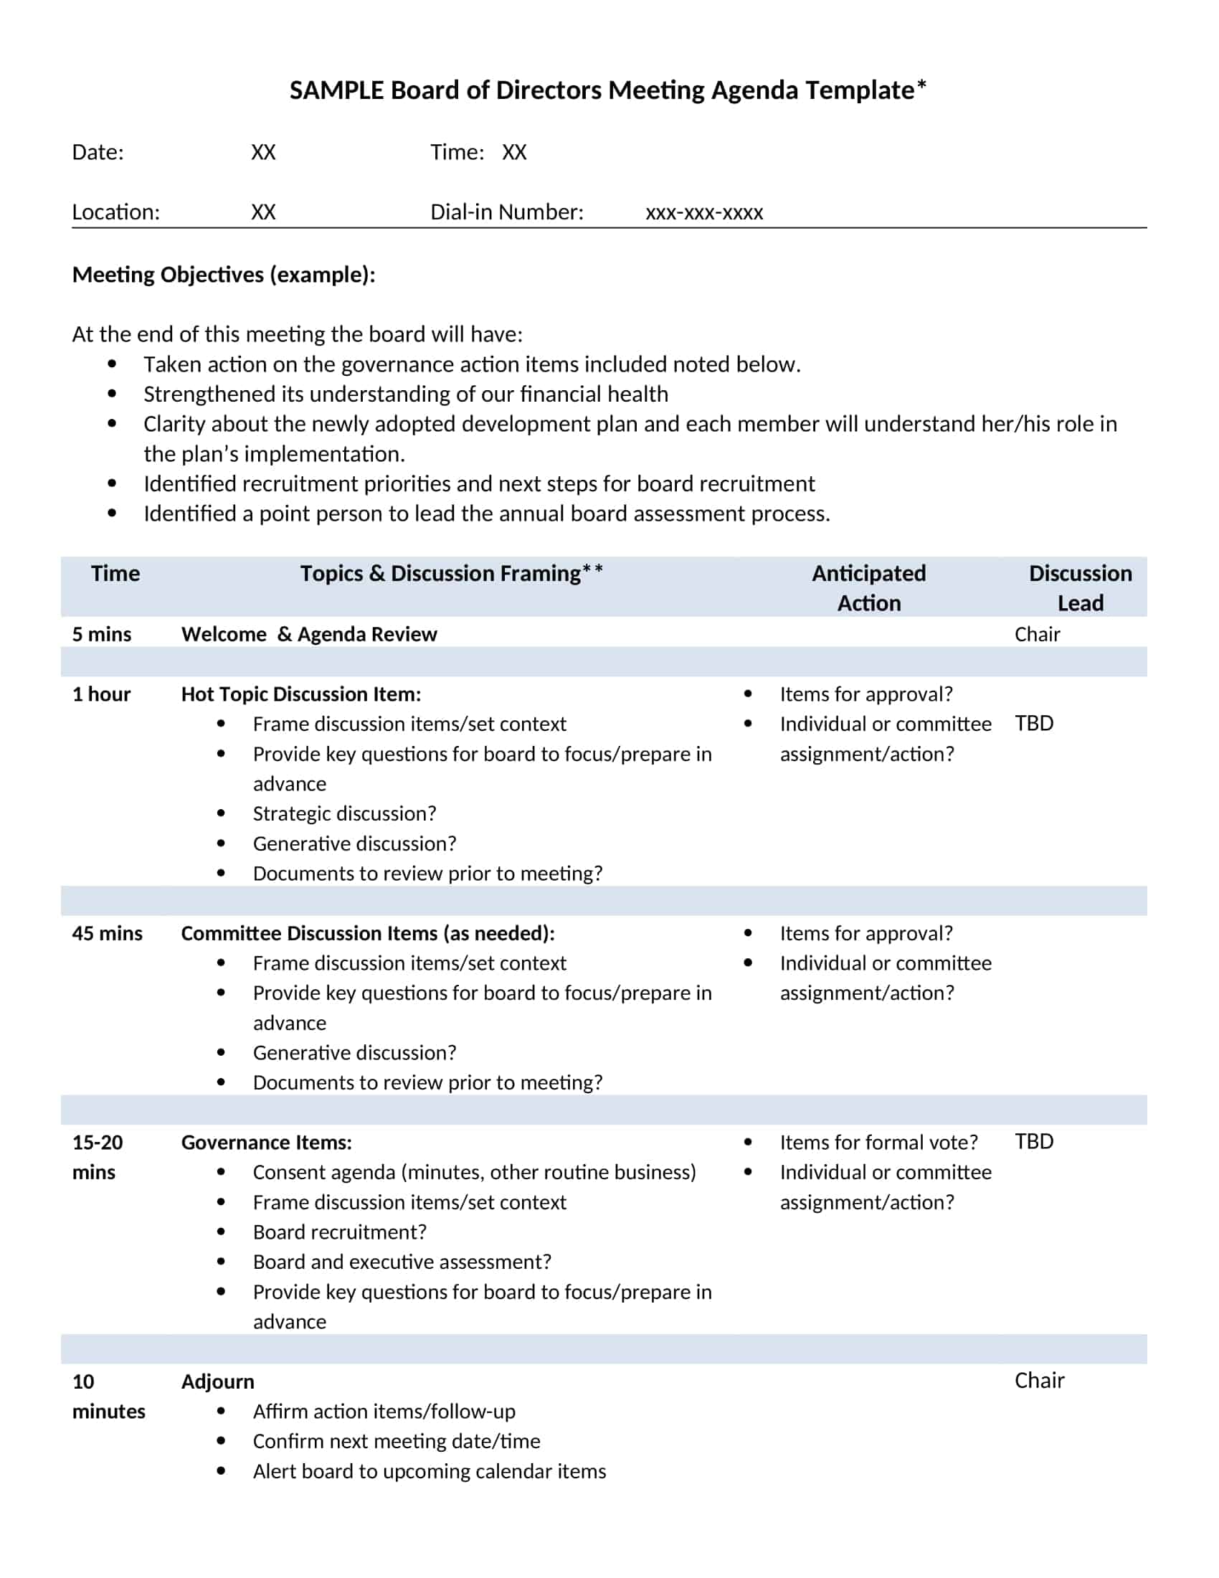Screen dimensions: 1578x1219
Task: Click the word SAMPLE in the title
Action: click(x=336, y=90)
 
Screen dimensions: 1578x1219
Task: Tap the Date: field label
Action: click(x=98, y=152)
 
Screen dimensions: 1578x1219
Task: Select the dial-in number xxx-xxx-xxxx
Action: click(x=703, y=212)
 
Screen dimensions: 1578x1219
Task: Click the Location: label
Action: click(x=115, y=212)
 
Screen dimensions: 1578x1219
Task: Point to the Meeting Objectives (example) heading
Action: click(x=223, y=275)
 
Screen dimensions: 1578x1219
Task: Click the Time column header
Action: click(x=115, y=573)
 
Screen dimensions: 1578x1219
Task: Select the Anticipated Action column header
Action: click(x=868, y=587)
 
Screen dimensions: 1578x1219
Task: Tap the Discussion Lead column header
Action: click(x=1080, y=587)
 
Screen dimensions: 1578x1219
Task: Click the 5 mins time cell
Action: click(x=101, y=633)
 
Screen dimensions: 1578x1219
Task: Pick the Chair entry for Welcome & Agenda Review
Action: click(x=1036, y=633)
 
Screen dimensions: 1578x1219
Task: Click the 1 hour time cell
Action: click(x=101, y=694)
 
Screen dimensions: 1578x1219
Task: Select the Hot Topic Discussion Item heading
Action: click(x=300, y=694)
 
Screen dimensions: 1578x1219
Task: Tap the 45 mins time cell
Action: click(x=107, y=932)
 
